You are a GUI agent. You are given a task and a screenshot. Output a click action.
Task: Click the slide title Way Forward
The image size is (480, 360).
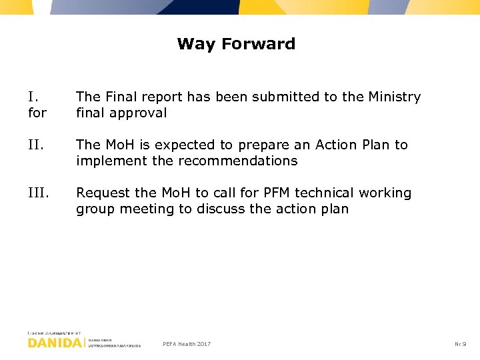236,44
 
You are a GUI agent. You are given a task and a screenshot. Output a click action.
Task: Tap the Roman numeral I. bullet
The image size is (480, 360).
33,97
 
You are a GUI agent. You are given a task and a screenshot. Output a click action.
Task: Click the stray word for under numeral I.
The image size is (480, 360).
37,113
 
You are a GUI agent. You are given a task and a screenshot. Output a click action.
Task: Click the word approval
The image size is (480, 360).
138,113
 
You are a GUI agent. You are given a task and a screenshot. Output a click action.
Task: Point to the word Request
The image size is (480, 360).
103,193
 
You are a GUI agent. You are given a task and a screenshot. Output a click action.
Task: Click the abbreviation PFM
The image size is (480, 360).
275,193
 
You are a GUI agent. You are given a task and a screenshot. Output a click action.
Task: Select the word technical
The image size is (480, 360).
325,193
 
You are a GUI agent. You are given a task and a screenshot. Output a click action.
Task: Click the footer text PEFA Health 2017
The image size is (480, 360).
187,344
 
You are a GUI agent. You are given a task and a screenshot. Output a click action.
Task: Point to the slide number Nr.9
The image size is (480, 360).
460,344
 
